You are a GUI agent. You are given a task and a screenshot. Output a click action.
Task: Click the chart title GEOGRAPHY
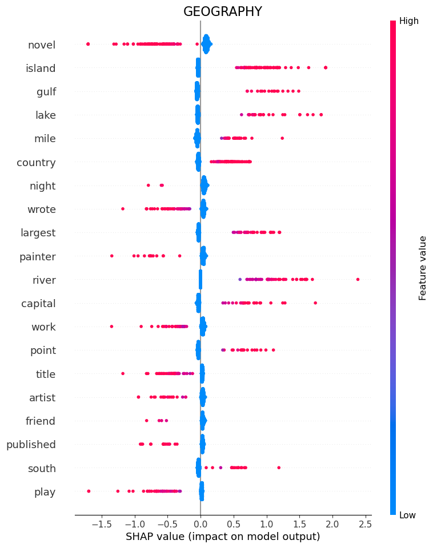tap(222, 12)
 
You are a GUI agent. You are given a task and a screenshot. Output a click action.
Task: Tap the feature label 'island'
tap(41, 68)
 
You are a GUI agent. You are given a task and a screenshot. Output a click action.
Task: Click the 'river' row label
tap(43, 280)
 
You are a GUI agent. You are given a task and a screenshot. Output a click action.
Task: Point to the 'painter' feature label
tap(37, 257)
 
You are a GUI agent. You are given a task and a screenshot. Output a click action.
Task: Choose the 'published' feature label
tap(31, 445)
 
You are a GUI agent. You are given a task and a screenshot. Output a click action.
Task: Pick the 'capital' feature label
tap(38, 304)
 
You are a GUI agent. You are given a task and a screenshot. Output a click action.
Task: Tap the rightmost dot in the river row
tap(358, 279)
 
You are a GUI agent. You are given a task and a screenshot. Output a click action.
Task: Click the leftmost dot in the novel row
tap(88, 44)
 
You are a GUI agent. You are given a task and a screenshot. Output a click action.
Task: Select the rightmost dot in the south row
tap(279, 468)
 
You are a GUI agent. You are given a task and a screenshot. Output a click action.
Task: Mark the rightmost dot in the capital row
tap(315, 303)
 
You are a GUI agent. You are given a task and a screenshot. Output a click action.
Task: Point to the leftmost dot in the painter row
tap(111, 256)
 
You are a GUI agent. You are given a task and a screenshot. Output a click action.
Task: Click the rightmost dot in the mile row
tap(282, 138)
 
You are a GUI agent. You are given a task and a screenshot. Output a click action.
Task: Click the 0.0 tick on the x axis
tap(201, 523)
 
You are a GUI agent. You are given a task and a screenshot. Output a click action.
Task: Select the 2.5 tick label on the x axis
tap(365, 523)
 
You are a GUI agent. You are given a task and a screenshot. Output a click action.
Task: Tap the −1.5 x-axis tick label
tap(101, 523)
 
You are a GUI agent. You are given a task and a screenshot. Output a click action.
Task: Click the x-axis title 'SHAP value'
tap(223, 537)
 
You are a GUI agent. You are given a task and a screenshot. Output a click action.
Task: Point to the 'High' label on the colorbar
tap(409, 21)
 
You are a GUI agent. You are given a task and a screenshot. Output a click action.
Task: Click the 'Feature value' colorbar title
tap(423, 268)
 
